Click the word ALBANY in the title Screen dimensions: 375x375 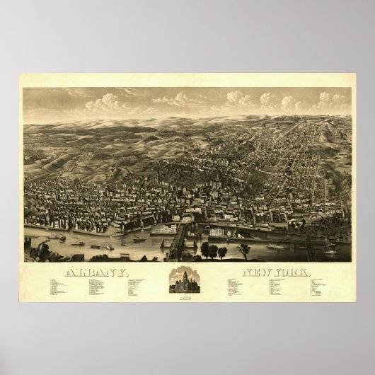coord(98,272)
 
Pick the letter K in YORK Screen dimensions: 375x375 coord(306,272)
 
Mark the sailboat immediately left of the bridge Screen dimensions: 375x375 coord(163,243)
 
